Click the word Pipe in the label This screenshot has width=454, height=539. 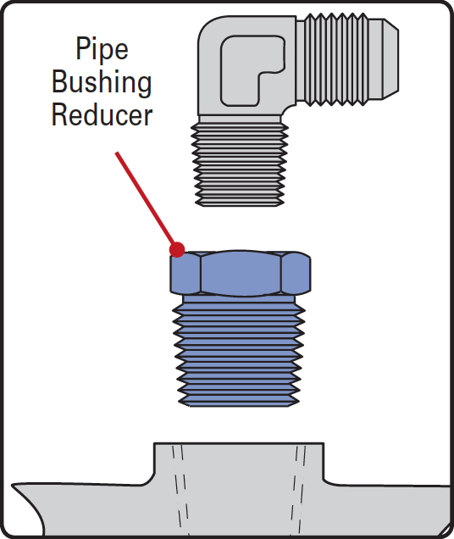click(102, 50)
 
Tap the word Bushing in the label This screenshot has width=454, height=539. click(102, 82)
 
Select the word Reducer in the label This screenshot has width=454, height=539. click(102, 114)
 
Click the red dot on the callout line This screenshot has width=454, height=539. click(177, 249)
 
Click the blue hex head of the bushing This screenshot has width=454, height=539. click(241, 273)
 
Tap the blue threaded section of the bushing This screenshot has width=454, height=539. click(239, 352)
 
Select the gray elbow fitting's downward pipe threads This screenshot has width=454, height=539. click(240, 165)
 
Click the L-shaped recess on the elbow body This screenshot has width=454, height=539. click(252, 70)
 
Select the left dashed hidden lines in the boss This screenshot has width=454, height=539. click(180, 490)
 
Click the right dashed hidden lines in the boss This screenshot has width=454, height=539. click(297, 490)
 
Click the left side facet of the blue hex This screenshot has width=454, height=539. click(185, 274)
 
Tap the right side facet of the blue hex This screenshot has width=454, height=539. click(296, 274)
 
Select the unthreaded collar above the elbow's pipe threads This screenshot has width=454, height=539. click(240, 119)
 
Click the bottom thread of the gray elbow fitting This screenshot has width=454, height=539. click(240, 202)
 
